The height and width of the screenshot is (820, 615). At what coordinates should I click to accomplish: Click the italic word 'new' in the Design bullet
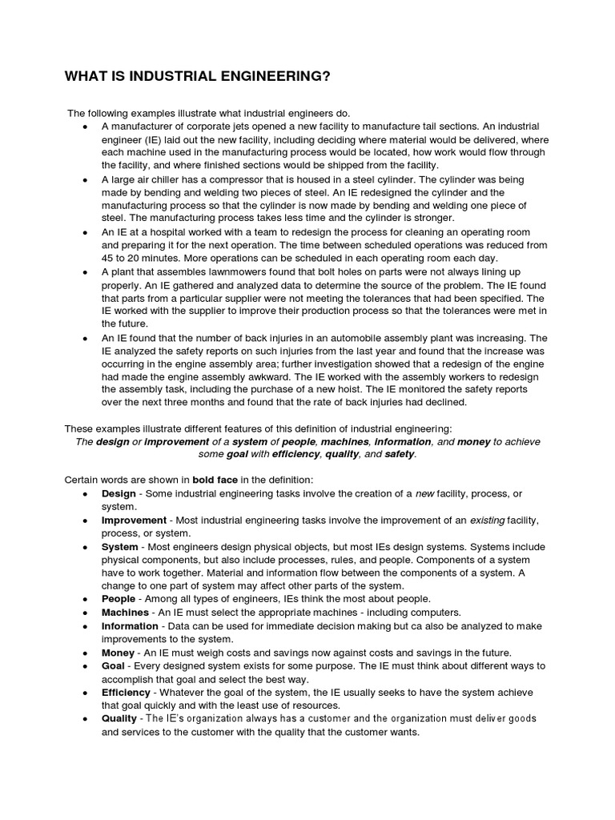pyautogui.click(x=424, y=493)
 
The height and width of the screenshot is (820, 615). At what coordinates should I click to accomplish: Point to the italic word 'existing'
pyautogui.click(x=487, y=521)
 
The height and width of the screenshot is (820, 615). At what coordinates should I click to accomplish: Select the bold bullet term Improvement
pyautogui.click(x=134, y=521)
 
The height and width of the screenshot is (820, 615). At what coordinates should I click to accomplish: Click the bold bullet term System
pyautogui.click(x=119, y=546)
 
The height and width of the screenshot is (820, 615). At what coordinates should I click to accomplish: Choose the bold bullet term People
pyautogui.click(x=119, y=599)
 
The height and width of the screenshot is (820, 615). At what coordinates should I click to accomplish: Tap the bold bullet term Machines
pyautogui.click(x=125, y=613)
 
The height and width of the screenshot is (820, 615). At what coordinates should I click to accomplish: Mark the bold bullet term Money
pyautogui.click(x=118, y=653)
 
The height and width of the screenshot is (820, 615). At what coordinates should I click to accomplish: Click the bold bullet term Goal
pyautogui.click(x=113, y=665)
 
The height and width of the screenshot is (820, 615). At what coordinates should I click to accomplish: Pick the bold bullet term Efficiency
pyautogui.click(x=126, y=692)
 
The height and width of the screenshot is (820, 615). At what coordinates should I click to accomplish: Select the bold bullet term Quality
pyautogui.click(x=119, y=718)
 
